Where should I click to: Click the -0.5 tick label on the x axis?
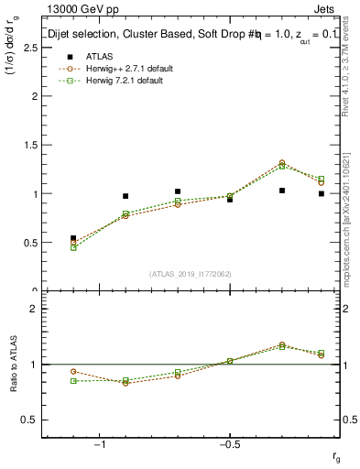point(228,444)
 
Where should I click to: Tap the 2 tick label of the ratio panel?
point(35,309)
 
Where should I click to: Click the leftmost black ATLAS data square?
point(73,238)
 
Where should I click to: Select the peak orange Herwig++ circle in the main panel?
point(282,162)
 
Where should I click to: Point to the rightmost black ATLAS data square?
point(322,193)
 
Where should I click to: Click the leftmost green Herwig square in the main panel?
point(73,247)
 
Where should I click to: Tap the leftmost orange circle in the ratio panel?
point(73,371)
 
